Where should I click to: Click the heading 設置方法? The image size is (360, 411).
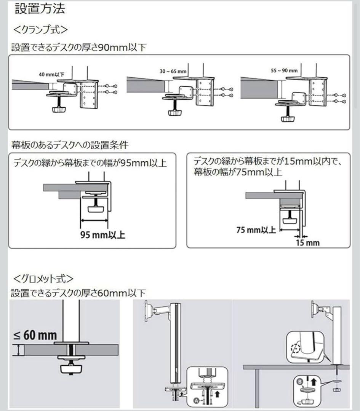40,9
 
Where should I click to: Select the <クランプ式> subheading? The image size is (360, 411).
40,29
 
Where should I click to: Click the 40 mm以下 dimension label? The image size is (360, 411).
51,75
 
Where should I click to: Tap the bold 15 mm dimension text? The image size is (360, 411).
307,242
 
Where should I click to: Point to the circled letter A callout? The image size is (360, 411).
196,401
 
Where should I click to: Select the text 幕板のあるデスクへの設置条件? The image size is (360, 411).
70,145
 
